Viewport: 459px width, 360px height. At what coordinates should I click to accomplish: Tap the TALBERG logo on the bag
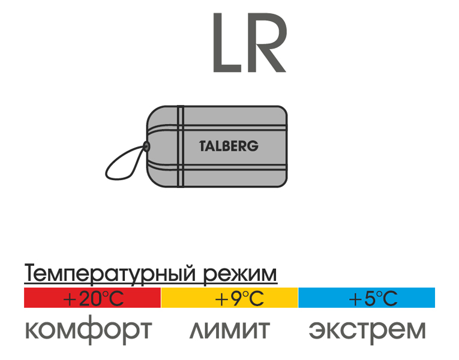(x=229, y=146)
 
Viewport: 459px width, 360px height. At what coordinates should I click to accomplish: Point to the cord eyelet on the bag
(x=146, y=146)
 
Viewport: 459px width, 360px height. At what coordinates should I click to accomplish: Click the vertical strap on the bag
(x=181, y=146)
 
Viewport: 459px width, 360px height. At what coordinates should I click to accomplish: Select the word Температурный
(x=109, y=274)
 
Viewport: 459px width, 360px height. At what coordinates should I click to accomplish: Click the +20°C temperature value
(x=94, y=299)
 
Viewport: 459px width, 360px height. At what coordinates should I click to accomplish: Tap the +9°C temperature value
(x=239, y=299)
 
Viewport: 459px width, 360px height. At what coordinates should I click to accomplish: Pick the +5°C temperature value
(x=373, y=299)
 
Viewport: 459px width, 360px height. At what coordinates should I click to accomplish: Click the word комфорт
(x=89, y=330)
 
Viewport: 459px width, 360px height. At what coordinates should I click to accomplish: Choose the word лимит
(x=230, y=330)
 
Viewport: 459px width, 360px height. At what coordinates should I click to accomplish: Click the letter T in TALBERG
(x=203, y=146)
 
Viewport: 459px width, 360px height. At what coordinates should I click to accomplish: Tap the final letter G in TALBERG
(x=254, y=146)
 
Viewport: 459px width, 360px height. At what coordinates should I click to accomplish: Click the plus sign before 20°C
(x=70, y=300)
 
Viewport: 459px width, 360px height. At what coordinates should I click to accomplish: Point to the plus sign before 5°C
(x=355, y=300)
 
